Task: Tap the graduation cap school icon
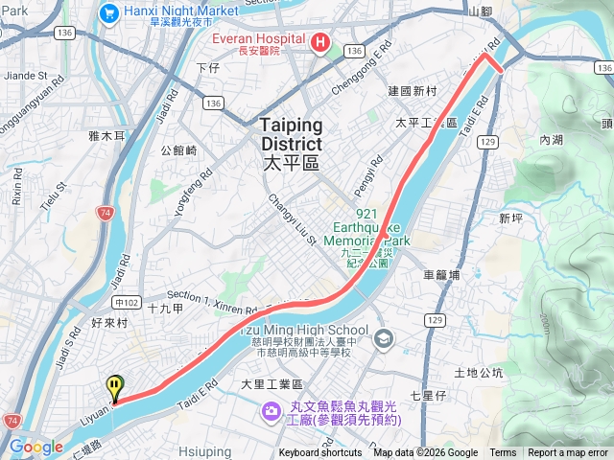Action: tap(384, 337)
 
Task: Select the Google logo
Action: tap(35, 447)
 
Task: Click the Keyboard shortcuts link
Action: tap(320, 453)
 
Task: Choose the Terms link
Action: tap(503, 453)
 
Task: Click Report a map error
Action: tap(569, 453)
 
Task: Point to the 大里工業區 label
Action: tap(272, 384)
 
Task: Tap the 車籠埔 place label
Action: tap(441, 274)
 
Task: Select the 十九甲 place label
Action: tap(166, 308)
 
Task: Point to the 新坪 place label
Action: tap(511, 218)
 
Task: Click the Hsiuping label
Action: tap(204, 451)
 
